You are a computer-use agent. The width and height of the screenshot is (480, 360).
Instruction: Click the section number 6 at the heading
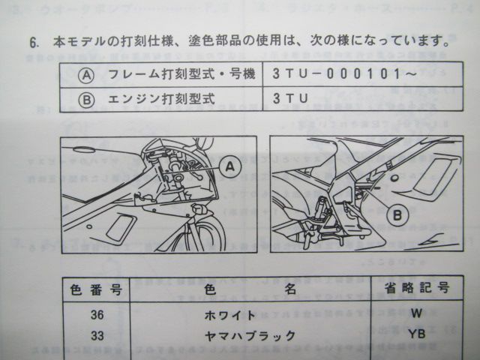pyautogui.click(x=34, y=41)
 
